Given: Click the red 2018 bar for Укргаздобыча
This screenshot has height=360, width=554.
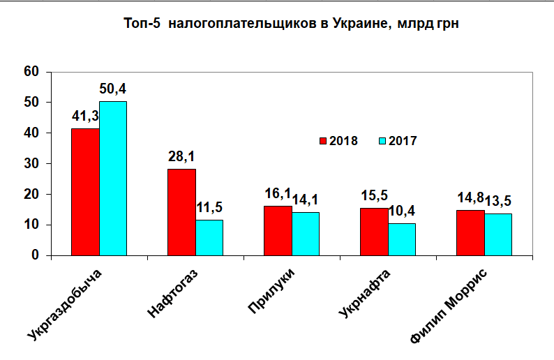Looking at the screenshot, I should pos(85,192).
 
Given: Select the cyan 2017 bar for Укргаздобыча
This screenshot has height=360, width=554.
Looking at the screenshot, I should pos(112,179).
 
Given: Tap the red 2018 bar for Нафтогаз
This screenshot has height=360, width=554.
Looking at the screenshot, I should pos(181,212).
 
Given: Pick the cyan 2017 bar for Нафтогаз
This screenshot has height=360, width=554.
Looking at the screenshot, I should pos(209,237).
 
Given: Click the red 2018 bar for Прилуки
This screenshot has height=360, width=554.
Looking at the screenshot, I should pos(278,230).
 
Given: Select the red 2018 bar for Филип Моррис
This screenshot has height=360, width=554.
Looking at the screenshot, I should pos(470,232).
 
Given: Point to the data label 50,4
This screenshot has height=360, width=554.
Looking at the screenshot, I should pos(112,89).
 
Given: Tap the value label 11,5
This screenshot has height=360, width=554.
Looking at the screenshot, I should pos(210,208).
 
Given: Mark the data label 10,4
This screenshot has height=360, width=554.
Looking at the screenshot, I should pos(403,211).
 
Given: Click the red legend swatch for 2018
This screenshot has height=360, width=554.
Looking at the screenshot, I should pos(323,141).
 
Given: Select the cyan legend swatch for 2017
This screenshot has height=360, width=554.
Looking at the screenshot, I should pos(382,141).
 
